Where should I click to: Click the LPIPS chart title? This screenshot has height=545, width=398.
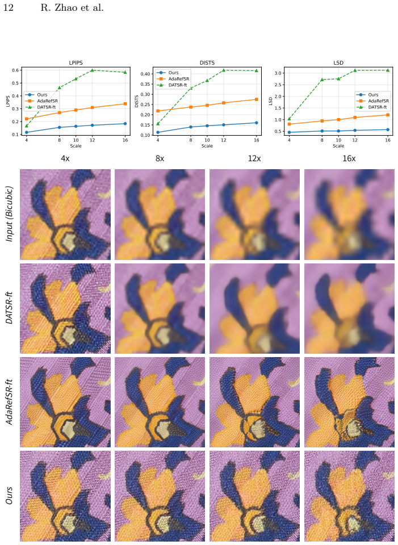(x=76, y=63)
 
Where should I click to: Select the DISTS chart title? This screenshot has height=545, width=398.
(x=207, y=63)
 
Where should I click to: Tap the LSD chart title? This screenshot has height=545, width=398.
(x=338, y=63)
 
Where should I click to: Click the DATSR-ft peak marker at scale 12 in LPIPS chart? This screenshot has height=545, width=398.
(x=92, y=70)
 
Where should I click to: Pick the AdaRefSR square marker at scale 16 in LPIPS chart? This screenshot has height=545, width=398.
(x=125, y=103)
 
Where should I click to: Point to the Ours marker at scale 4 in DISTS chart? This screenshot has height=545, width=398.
(x=158, y=132)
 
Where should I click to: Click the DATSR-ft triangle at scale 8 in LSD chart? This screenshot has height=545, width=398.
(x=322, y=79)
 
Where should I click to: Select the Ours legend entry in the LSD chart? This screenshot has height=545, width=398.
(x=368, y=95)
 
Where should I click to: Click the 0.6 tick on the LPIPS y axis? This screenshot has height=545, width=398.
(x=16, y=70)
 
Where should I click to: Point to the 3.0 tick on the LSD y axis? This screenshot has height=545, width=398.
(x=278, y=73)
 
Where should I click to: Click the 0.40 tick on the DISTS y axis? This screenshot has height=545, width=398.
(x=146, y=74)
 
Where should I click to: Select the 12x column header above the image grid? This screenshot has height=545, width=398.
(x=254, y=158)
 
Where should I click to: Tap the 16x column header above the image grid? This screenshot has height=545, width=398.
(x=349, y=158)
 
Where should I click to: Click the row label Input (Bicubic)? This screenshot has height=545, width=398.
(x=10, y=214)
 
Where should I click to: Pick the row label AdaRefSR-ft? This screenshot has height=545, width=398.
(x=10, y=402)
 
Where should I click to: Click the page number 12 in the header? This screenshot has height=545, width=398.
(x=9, y=7)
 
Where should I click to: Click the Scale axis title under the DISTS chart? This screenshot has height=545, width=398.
(x=207, y=146)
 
